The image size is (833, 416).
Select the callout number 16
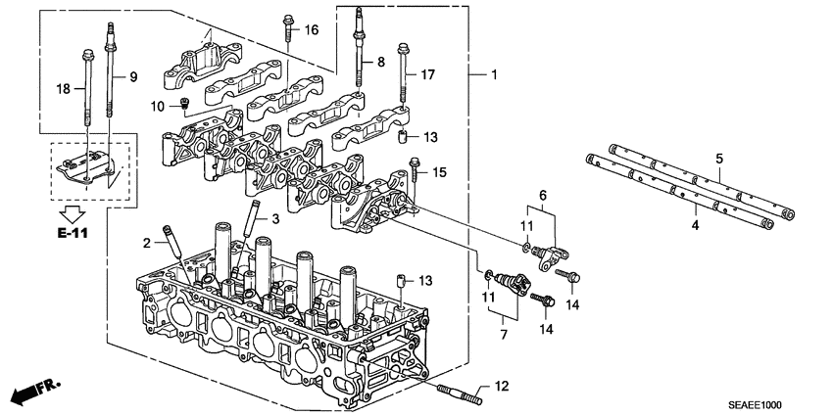311,31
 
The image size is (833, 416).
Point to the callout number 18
65,89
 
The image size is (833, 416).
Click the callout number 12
502,389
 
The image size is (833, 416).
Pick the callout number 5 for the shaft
718,159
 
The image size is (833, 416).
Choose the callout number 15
439,173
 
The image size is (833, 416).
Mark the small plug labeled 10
183,106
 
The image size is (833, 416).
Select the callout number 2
146,242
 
